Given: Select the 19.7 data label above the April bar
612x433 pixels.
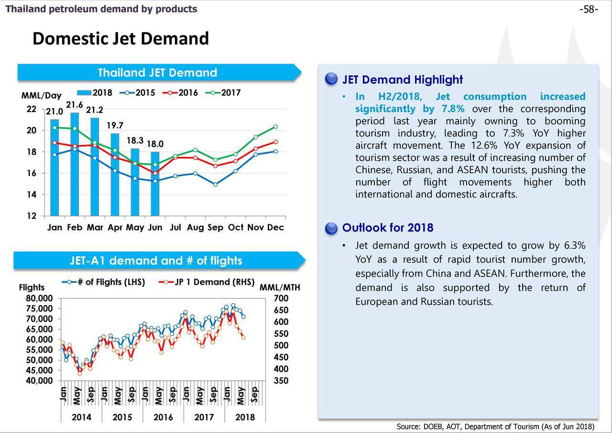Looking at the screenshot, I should click(x=115, y=126).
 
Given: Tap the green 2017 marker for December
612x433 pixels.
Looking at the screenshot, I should click(x=276, y=127).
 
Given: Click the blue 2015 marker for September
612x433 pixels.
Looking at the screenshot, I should click(x=216, y=184).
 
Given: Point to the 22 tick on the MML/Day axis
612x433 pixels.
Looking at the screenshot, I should click(x=31, y=109).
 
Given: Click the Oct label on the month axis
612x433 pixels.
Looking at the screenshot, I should click(x=236, y=227).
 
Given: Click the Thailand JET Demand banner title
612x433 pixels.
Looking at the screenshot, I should click(x=157, y=73).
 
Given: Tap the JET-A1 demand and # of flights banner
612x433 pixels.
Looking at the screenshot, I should click(x=156, y=261).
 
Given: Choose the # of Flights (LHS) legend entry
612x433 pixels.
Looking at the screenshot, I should click(x=104, y=282).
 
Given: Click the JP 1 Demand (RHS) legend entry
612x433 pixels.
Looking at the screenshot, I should click(x=206, y=282).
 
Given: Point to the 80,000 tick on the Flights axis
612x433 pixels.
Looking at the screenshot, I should click(x=40, y=299).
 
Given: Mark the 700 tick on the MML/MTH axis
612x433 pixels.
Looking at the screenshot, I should click(x=282, y=299).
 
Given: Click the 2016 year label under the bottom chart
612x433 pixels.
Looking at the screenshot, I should click(x=163, y=417).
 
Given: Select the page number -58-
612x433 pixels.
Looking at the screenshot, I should click(x=589, y=9).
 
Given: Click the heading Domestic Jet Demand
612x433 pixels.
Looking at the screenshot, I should click(x=120, y=38).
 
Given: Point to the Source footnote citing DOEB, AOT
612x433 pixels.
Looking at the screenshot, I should click(x=495, y=427).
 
